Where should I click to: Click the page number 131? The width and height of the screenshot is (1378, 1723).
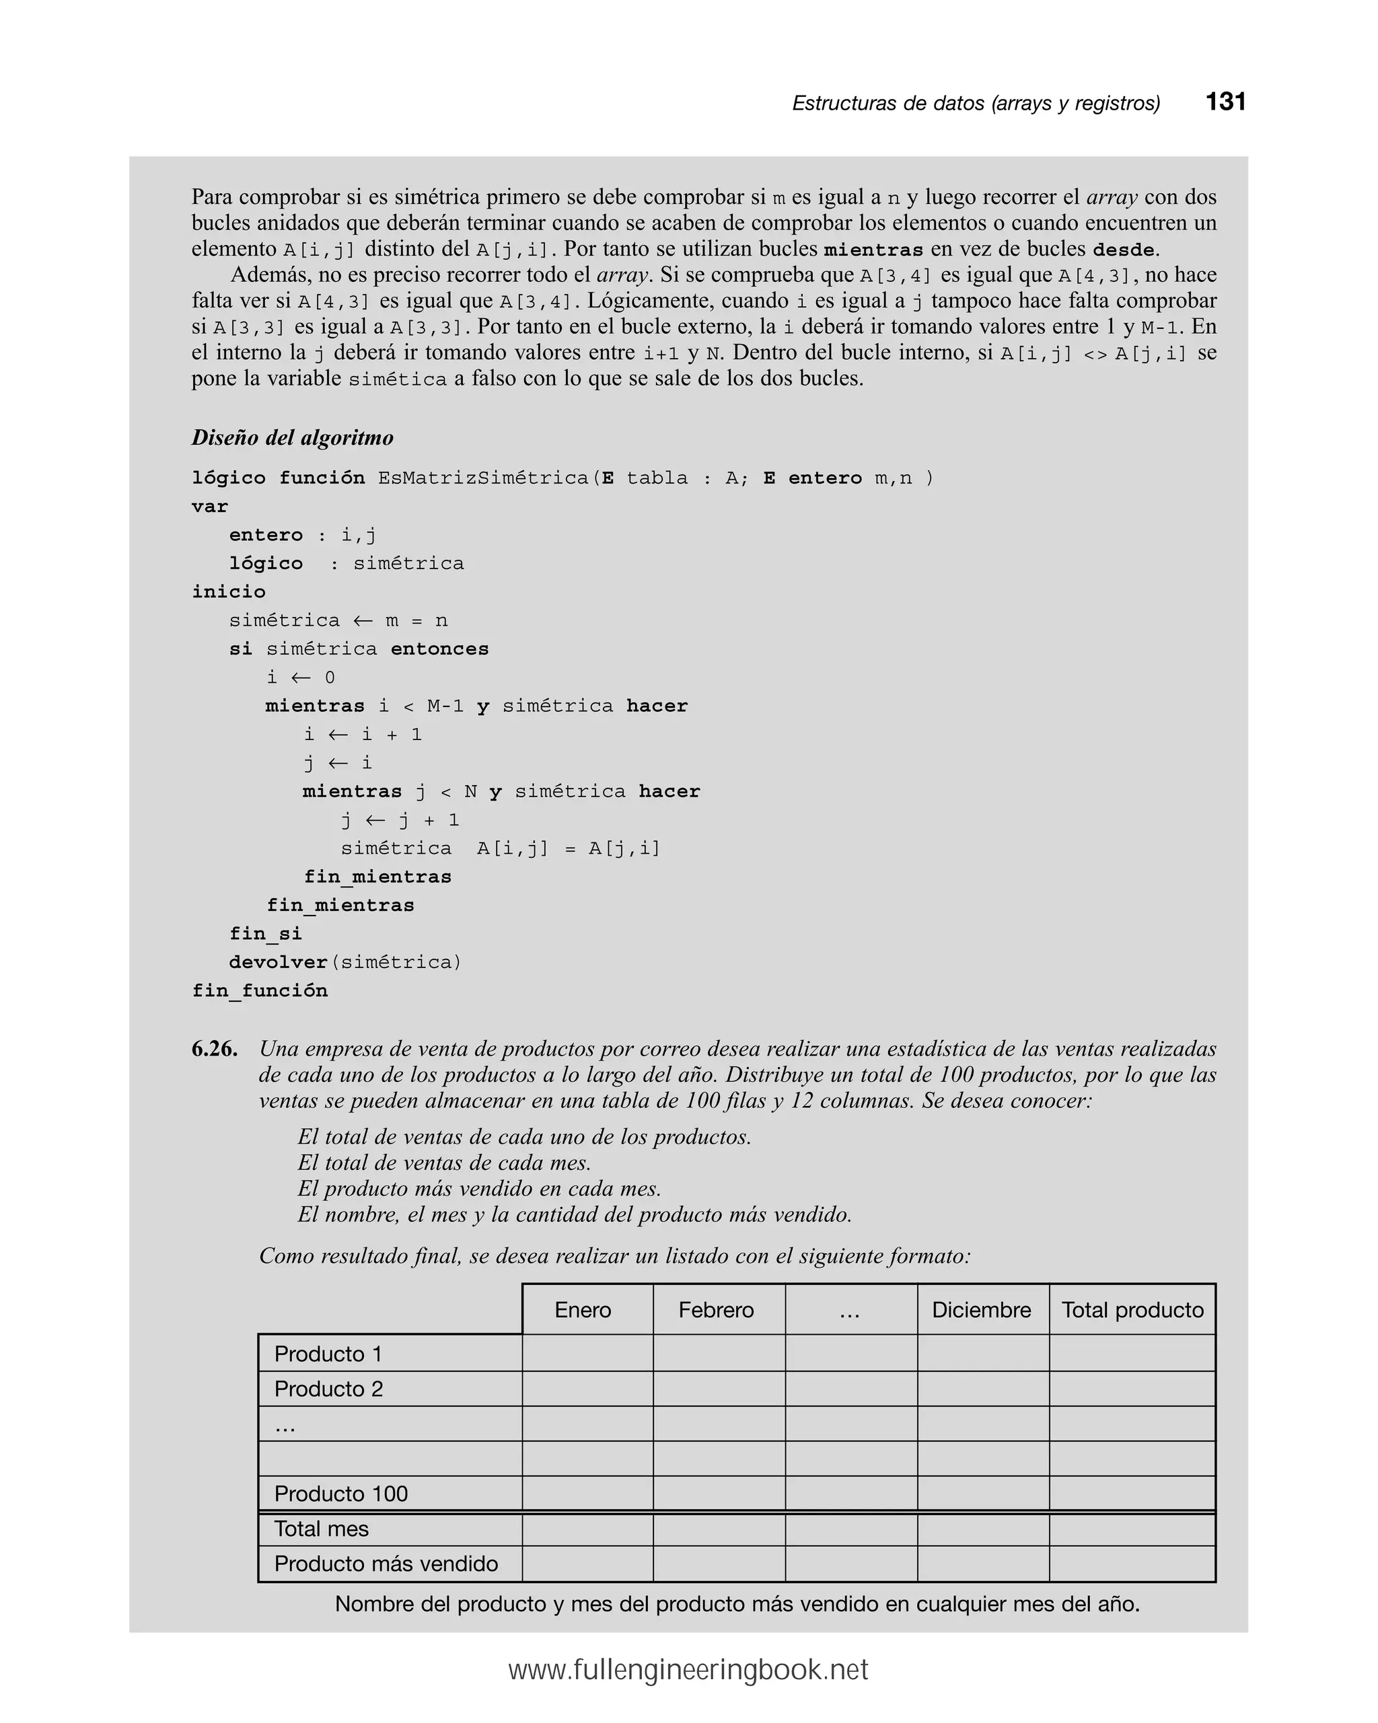(x=1225, y=102)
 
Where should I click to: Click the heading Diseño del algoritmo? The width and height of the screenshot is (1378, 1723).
(x=293, y=438)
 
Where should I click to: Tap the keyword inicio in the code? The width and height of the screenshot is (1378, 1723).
(x=229, y=591)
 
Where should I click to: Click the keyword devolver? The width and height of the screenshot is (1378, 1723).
(x=278, y=962)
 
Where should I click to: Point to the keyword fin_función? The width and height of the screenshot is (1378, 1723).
(x=260, y=991)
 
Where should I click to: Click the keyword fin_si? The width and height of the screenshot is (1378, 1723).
(x=265, y=933)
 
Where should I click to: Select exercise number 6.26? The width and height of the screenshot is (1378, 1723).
(x=214, y=1048)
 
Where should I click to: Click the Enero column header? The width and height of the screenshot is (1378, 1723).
(x=583, y=1310)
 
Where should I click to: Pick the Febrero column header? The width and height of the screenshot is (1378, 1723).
(x=716, y=1310)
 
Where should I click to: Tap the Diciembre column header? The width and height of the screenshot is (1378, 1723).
(x=981, y=1310)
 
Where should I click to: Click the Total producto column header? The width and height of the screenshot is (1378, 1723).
(x=1132, y=1310)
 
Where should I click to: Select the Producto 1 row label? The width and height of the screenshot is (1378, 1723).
(x=328, y=1354)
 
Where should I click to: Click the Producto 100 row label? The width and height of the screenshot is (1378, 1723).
(x=340, y=1494)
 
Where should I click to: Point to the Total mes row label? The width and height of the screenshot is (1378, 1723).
(x=322, y=1529)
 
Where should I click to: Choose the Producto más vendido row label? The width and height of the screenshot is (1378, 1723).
(x=386, y=1564)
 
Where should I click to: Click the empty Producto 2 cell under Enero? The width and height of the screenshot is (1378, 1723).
(x=587, y=1389)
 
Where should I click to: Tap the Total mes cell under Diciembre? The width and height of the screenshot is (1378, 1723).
(x=982, y=1529)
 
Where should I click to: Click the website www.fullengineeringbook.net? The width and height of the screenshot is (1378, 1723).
(x=688, y=1671)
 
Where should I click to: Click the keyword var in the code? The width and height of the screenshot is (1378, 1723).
(x=209, y=507)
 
